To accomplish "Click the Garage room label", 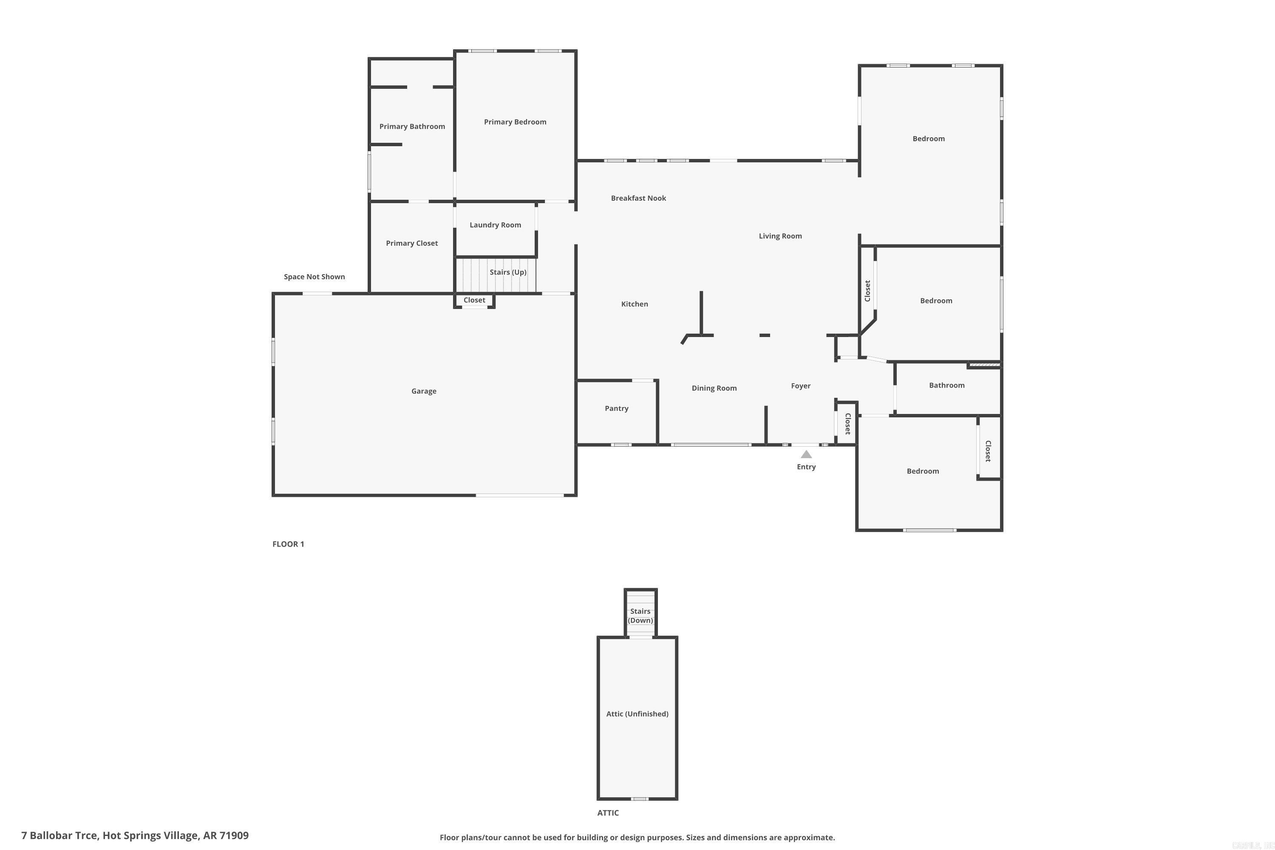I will tap(423, 391).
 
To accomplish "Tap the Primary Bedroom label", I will tap(515, 122).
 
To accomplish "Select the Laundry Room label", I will tap(495, 225).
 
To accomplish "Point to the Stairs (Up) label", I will tap(507, 272).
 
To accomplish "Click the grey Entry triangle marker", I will tap(806, 454).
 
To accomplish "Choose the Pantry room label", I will tap(616, 408).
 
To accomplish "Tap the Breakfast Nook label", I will tap(638, 198).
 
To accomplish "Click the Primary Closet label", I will tap(411, 244).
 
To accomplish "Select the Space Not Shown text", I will tap(314, 277).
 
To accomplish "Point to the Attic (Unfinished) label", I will tap(637, 714).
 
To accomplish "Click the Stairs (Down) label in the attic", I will tap(640, 616).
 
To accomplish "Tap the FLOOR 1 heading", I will tap(288, 544).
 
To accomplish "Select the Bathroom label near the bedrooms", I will tap(946, 385).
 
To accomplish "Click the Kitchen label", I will tap(634, 304).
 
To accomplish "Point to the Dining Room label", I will tap(714, 388).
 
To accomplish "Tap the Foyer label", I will tap(800, 386).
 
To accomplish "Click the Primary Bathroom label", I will tap(412, 126).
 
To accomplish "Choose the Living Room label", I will tap(780, 236).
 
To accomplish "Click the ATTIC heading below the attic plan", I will tap(608, 813).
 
